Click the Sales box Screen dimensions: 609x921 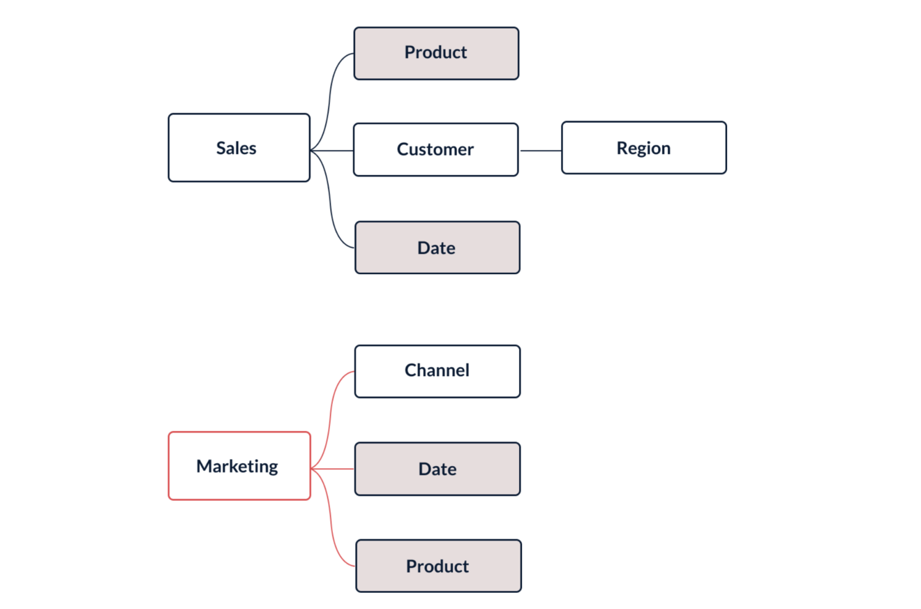[x=239, y=148]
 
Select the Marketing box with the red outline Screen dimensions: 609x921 [x=239, y=466]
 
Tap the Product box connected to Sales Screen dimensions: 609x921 [x=436, y=53]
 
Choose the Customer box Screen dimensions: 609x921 [x=435, y=149]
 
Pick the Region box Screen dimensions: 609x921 [x=643, y=148]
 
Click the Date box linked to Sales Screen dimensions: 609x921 [x=437, y=248]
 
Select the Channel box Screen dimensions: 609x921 [x=437, y=371]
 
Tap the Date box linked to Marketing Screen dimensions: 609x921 [x=437, y=469]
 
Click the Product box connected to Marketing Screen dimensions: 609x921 [x=438, y=566]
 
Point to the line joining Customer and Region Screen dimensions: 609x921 [x=540, y=150]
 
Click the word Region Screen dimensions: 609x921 [x=643, y=148]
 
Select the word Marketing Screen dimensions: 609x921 [x=237, y=466]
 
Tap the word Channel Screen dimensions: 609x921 [x=437, y=370]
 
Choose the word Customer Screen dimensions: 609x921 [x=435, y=149]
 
